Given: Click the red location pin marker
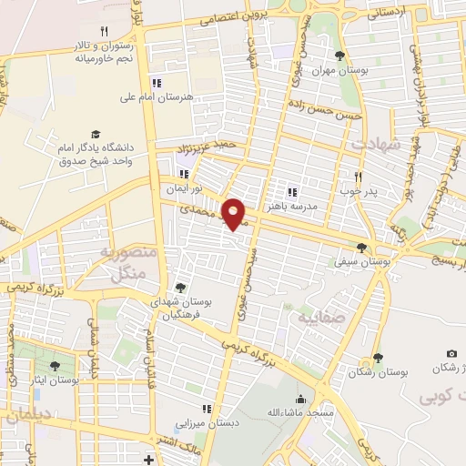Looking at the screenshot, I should [236, 213].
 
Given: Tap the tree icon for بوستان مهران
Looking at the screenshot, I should [339, 56].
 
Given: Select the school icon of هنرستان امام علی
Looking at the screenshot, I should [157, 83].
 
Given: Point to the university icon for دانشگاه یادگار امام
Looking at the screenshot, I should [96, 134].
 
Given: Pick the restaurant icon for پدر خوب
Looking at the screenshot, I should [358, 177].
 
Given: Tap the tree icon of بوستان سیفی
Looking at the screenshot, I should [362, 248].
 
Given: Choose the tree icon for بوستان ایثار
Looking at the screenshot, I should [55, 366].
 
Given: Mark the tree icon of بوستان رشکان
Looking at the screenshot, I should [377, 360].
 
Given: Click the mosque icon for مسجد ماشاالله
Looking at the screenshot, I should [300, 399].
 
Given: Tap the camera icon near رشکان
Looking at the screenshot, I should [451, 353].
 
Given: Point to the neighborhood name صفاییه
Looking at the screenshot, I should [315, 318].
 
